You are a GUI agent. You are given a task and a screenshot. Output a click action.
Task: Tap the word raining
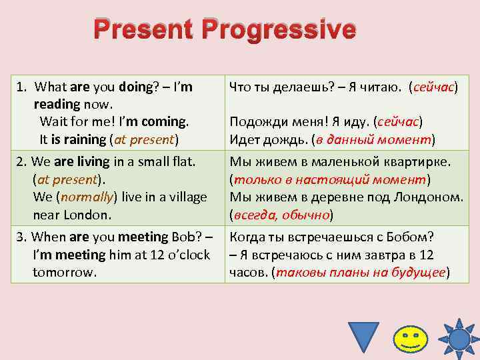click(82, 139)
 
